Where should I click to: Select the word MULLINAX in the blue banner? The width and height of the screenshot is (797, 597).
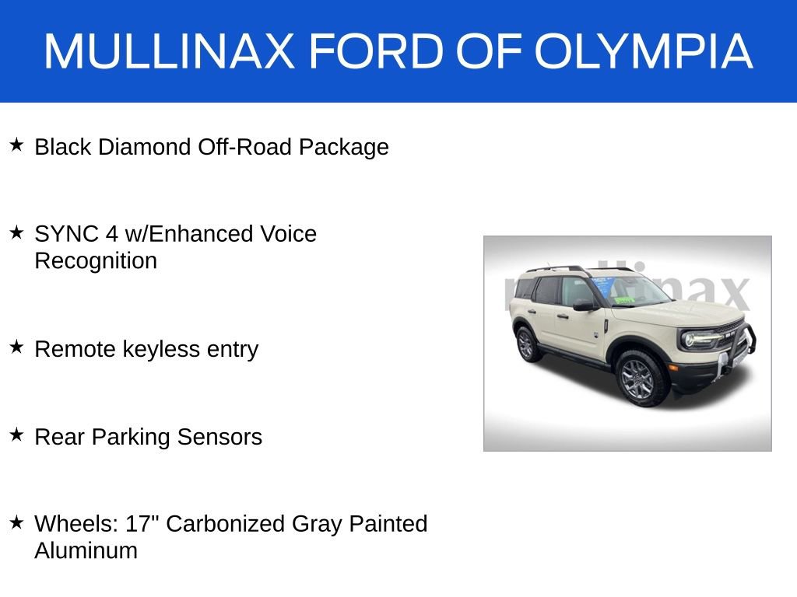169,52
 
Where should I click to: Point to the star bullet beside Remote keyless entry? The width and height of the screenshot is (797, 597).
16,347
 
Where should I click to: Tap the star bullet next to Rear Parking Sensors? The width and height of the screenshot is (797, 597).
16,435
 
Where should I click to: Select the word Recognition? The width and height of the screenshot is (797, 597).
96,260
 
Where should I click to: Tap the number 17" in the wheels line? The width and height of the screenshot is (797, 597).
142,524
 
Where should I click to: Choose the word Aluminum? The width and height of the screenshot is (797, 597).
86,550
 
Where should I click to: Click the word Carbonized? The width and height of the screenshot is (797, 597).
226,524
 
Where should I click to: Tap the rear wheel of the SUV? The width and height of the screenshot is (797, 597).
528,343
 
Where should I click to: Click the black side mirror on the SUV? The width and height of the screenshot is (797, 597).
584,305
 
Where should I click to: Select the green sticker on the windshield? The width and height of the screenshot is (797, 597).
624,299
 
